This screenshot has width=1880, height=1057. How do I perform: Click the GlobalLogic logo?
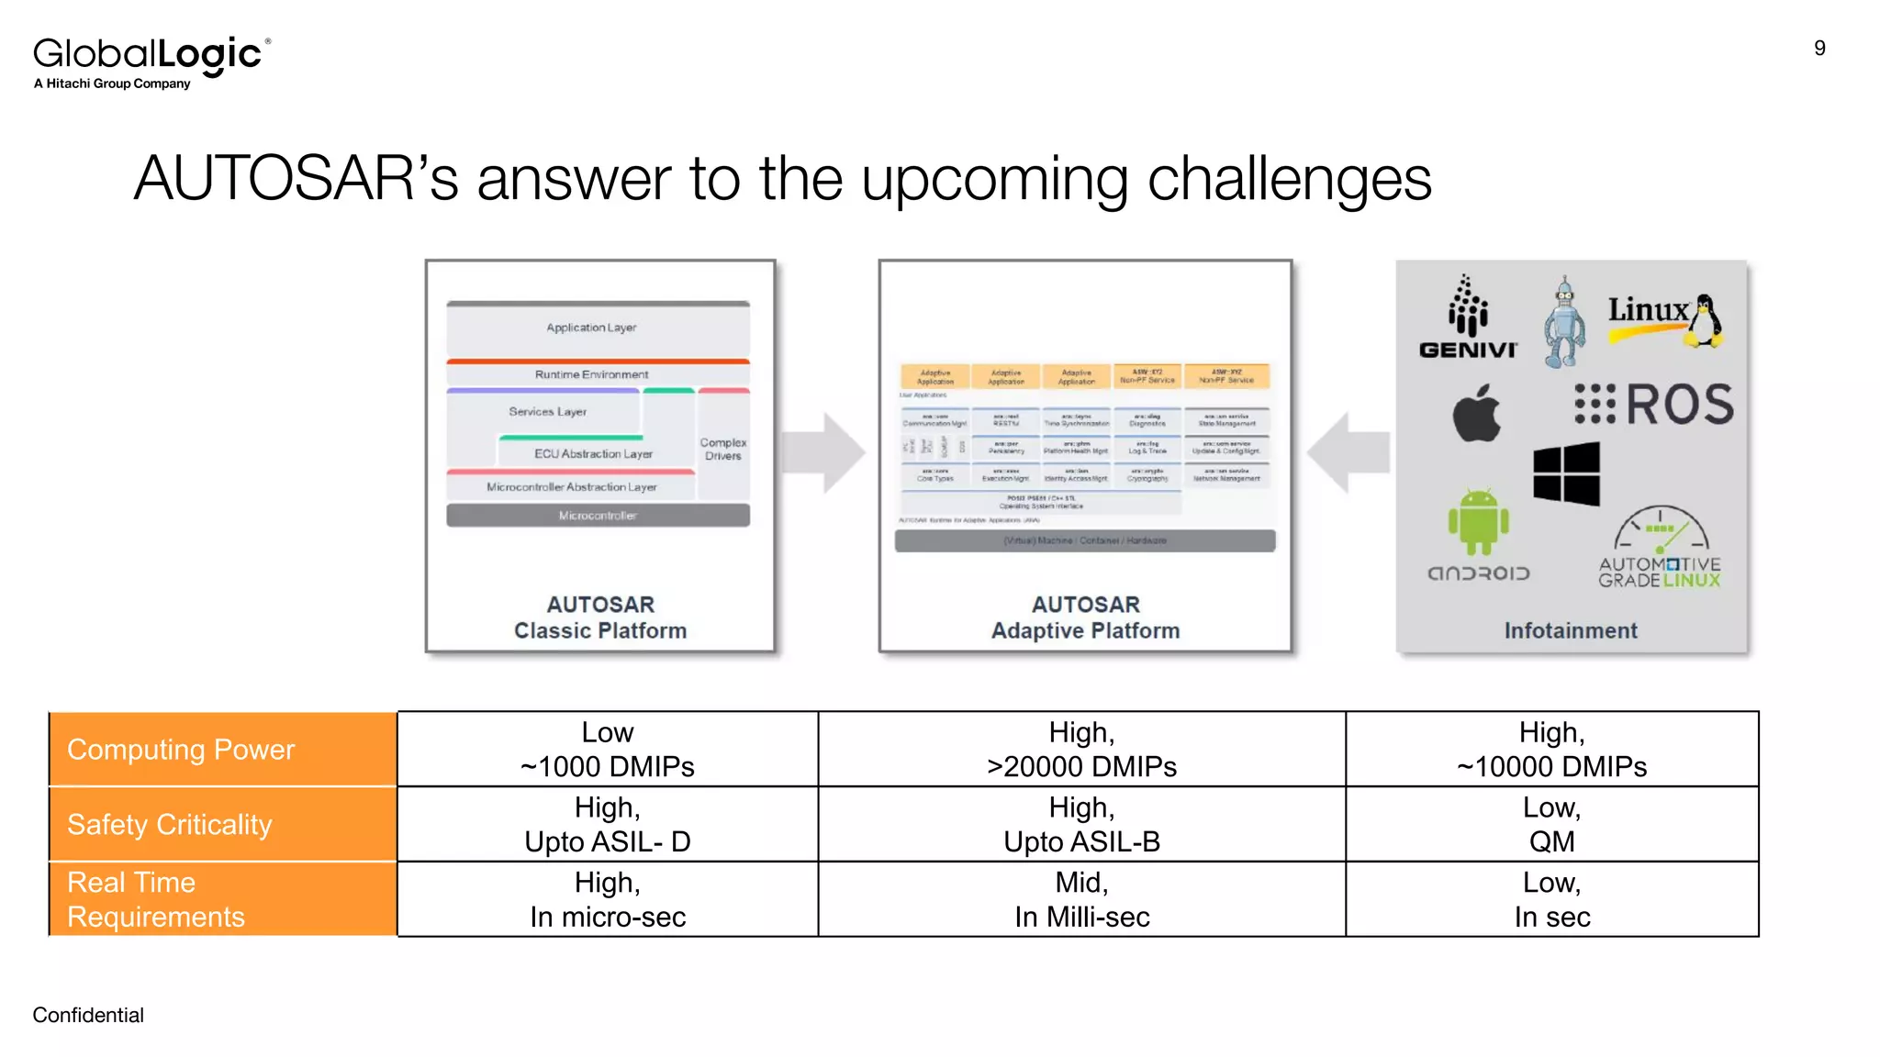151,61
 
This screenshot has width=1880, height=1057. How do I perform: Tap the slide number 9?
1819,49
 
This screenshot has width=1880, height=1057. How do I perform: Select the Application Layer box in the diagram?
598,328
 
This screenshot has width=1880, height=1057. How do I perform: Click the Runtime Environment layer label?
592,374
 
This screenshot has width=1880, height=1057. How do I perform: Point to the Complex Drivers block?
723,448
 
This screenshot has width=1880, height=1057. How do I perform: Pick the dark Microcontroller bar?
598,516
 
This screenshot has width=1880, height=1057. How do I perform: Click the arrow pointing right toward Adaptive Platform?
825,452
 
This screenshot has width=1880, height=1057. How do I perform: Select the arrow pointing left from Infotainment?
1347,452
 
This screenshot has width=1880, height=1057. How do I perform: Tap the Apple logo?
1476,415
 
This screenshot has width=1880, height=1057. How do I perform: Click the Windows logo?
1566,473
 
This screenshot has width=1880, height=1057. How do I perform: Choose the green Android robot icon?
1478,523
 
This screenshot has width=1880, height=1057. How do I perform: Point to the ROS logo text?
1679,405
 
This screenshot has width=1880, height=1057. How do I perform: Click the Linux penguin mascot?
1706,321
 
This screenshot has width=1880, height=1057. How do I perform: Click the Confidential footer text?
88,1015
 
